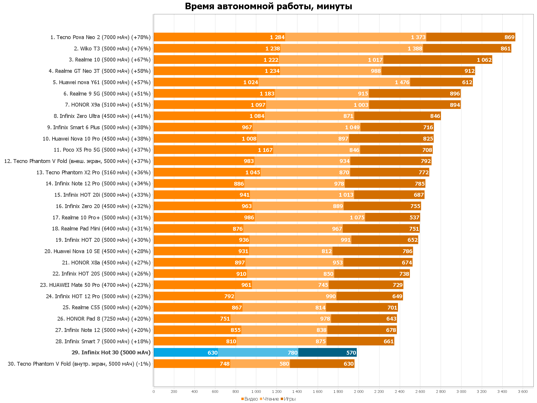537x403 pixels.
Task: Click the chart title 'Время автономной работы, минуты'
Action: click(x=268, y=6)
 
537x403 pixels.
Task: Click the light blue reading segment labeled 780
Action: click(x=258, y=353)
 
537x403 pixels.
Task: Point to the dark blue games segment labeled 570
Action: click(x=327, y=353)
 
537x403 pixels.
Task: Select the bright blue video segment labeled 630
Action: click(x=186, y=353)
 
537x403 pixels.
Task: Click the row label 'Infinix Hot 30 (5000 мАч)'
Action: click(x=111, y=353)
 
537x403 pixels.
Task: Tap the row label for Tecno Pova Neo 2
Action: click(x=101, y=37)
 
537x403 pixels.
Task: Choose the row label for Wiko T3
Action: click(x=112, y=49)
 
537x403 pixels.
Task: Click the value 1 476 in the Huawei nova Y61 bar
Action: click(x=402, y=82)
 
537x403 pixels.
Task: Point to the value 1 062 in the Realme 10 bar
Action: click(x=484, y=60)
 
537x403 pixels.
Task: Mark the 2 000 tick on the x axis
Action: click(x=359, y=391)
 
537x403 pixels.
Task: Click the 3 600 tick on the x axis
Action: click(x=523, y=391)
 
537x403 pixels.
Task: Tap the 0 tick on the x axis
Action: click(x=154, y=391)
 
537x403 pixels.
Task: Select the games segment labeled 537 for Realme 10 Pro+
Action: click(x=392, y=218)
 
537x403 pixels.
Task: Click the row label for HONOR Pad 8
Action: click(x=104, y=319)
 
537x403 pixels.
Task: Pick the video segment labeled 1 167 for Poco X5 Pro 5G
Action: click(x=213, y=150)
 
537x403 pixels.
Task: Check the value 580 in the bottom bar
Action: click(x=284, y=364)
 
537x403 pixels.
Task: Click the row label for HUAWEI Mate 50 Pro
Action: click(x=95, y=285)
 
